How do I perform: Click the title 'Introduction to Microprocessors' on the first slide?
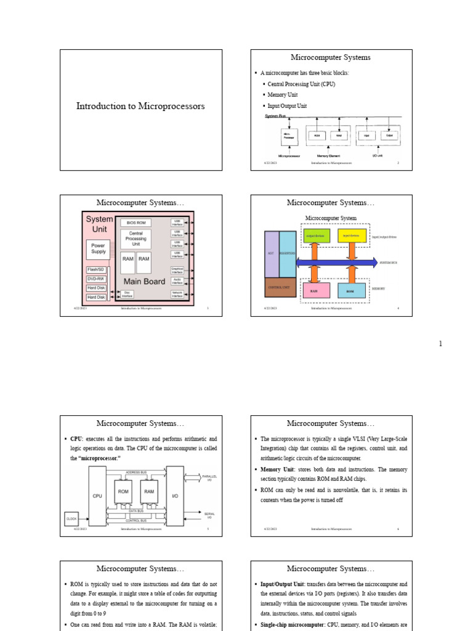click(x=140, y=107)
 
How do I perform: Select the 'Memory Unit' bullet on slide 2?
click(x=282, y=95)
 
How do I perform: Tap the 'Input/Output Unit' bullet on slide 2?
click(x=287, y=106)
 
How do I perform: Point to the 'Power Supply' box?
click(x=99, y=248)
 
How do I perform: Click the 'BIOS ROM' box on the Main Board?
click(x=136, y=222)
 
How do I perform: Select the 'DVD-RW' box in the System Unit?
click(x=96, y=279)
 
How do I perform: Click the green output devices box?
click(x=317, y=235)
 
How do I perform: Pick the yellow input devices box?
click(x=352, y=235)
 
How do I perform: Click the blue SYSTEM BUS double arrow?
click(x=337, y=263)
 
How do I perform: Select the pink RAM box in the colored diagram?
click(x=313, y=290)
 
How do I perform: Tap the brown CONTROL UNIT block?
click(x=280, y=287)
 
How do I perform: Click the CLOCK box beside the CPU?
click(x=73, y=519)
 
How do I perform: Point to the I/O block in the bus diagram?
click(x=175, y=495)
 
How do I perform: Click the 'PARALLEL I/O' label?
click(x=210, y=478)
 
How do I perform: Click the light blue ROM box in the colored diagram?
click(x=350, y=290)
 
